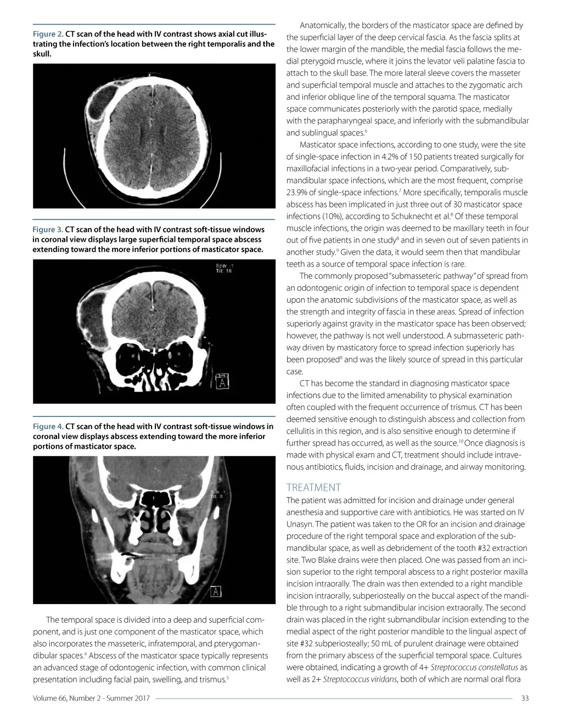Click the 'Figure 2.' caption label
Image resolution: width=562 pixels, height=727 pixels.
[48, 34]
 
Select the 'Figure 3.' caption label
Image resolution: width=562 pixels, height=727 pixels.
[48, 229]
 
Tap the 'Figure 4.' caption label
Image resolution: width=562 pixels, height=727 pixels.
[48, 426]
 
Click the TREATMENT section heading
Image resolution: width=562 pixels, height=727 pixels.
[313, 487]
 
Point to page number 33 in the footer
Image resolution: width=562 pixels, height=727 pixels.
[524, 698]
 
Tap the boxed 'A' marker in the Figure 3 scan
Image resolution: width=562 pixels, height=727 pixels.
[222, 381]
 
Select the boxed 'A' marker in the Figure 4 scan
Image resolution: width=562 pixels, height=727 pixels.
[217, 591]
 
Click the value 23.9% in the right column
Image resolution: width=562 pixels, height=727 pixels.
[297, 193]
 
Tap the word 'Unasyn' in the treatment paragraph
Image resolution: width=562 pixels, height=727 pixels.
[299, 524]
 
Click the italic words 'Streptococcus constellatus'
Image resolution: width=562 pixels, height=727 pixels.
[474, 668]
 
